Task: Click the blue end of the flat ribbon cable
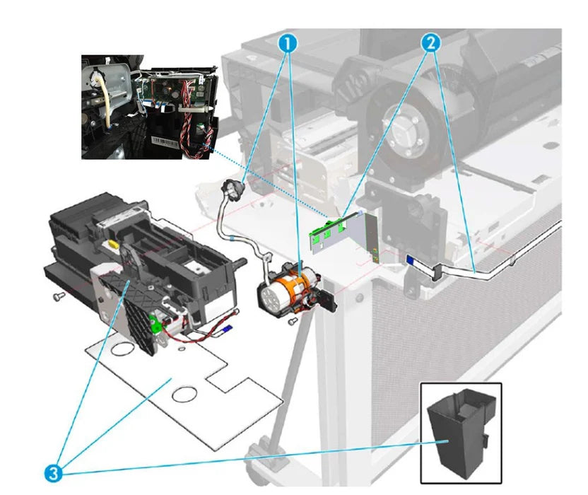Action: (411, 260)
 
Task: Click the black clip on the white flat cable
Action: (435, 270)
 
